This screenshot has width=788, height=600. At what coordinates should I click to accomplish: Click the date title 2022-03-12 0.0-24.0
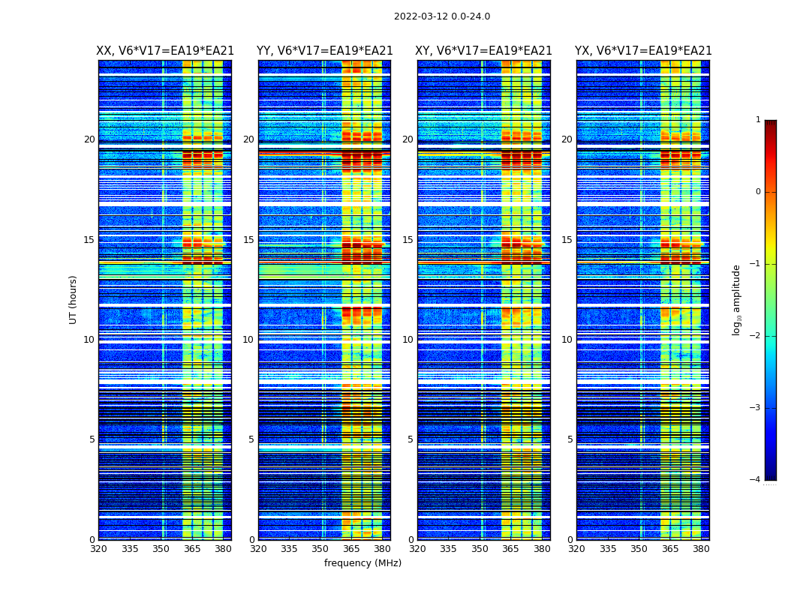pyautogui.click(x=442, y=16)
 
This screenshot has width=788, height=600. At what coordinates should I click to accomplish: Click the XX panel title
pyautogui.click(x=165, y=51)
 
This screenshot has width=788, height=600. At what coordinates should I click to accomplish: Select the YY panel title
pyautogui.click(x=325, y=51)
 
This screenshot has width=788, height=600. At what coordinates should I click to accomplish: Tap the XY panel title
pyautogui.click(x=484, y=51)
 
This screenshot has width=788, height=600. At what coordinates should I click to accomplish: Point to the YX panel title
pyautogui.click(x=643, y=51)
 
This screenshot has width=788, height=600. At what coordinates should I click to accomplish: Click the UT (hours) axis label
pyautogui.click(x=74, y=299)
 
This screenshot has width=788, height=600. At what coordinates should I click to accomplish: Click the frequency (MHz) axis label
pyautogui.click(x=362, y=563)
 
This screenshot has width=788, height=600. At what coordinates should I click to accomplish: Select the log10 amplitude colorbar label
pyautogui.click(x=737, y=299)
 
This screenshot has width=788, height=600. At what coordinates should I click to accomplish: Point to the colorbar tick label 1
pyautogui.click(x=758, y=120)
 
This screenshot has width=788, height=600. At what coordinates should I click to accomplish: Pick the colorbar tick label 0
pyautogui.click(x=758, y=192)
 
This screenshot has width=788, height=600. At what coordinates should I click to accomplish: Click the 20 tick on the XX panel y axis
pyautogui.click(x=89, y=139)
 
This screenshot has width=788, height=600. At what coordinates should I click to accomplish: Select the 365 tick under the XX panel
pyautogui.click(x=192, y=549)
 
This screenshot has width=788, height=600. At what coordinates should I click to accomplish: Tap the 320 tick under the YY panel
pyautogui.click(x=258, y=549)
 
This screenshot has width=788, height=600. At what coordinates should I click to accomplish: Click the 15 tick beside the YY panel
pyautogui.click(x=248, y=240)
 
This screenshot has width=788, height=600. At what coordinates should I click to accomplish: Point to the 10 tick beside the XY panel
pyautogui.click(x=408, y=340)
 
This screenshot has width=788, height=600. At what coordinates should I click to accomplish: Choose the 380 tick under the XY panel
pyautogui.click(x=542, y=549)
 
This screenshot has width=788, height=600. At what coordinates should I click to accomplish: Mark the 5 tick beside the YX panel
pyautogui.click(x=570, y=439)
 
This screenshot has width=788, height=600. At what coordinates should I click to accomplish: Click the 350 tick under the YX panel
pyautogui.click(x=639, y=549)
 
